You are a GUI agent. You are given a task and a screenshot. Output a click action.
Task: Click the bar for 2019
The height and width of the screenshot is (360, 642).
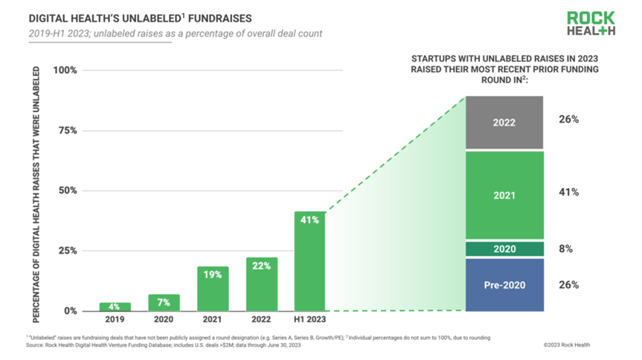(115, 306)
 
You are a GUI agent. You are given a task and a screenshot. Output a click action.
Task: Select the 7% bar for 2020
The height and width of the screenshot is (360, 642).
(163, 302)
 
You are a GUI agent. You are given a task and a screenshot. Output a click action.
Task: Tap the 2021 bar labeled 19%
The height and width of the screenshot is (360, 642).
(213, 288)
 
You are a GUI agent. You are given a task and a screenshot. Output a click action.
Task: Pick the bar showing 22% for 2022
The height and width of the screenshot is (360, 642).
(261, 283)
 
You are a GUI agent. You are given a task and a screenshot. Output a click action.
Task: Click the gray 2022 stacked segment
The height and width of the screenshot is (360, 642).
(504, 123)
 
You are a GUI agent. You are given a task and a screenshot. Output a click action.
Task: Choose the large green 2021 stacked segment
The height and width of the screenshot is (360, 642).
(504, 195)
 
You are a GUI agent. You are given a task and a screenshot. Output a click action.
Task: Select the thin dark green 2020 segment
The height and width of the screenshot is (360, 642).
(504, 249)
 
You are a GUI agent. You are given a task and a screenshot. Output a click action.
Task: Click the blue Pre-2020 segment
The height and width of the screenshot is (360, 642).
(504, 285)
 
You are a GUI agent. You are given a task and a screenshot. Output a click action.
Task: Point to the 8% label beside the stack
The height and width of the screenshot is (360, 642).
(565, 249)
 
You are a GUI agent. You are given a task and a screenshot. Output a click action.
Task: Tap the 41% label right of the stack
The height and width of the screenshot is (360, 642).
(568, 192)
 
